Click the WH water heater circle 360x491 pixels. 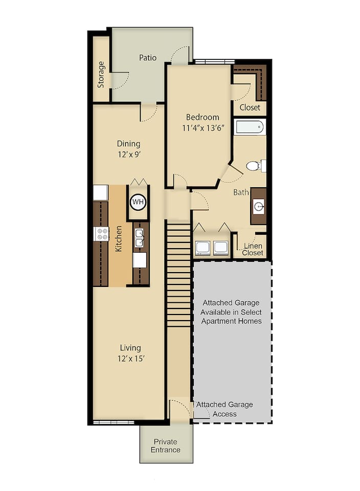coord(138,202)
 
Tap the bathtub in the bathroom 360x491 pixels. coord(250,127)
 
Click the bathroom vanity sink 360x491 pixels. coord(259,207)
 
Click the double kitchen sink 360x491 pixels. coord(139,238)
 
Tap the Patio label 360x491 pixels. coord(148,58)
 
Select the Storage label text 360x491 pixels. coord(101,75)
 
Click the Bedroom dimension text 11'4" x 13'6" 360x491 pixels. coord(202,128)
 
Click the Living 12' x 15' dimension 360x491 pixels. coord(128,359)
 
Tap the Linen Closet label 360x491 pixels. coord(253,250)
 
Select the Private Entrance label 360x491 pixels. coord(165,445)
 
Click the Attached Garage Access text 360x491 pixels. coord(224,409)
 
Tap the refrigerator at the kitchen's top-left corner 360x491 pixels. coord(100,193)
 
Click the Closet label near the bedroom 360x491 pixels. coord(250,107)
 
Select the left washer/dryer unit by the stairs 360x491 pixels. coord(202,248)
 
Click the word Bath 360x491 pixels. coord(241,192)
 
